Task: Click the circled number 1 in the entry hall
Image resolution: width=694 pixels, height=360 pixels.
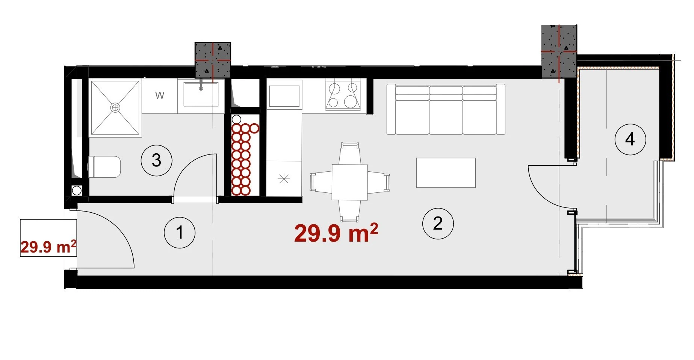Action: [x=180, y=232]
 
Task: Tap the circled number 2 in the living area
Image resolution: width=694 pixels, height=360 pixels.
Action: [x=438, y=224]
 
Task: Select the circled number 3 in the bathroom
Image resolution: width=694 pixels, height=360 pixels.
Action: [x=156, y=160]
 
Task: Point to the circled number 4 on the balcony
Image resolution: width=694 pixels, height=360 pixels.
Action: [x=630, y=139]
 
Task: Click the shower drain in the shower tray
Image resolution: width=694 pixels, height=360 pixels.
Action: [x=115, y=108]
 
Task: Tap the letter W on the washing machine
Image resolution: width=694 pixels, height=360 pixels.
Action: [x=160, y=95]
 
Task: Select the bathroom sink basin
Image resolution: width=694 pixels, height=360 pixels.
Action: [x=201, y=94]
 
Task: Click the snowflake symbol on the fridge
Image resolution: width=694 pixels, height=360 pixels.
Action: [x=284, y=179]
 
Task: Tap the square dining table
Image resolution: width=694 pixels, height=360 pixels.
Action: [x=349, y=182]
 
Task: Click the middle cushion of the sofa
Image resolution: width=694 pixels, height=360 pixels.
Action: [x=446, y=110]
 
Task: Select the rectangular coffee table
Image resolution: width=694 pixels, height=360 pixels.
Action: [x=446, y=173]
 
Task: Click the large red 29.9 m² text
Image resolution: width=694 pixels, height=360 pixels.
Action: [x=336, y=233]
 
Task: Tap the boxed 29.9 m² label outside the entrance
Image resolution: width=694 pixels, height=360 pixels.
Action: [x=48, y=238]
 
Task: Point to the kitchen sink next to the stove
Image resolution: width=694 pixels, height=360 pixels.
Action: [x=284, y=96]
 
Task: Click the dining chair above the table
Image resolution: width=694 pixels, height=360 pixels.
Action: [x=350, y=153]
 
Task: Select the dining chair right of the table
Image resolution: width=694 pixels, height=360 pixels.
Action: [x=378, y=182]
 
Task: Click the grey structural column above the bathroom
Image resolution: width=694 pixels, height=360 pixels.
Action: [x=213, y=60]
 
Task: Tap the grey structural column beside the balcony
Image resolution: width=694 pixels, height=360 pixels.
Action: [x=559, y=51]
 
